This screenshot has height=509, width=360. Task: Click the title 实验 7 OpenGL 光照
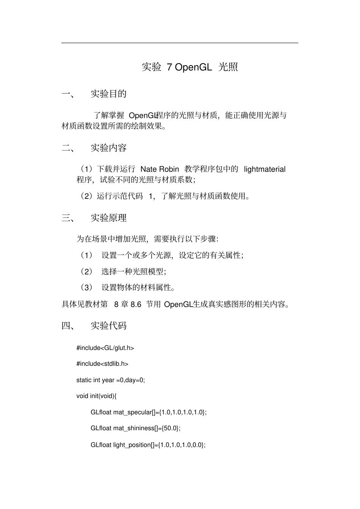tap(189, 67)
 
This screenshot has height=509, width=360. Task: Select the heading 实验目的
tap(108, 94)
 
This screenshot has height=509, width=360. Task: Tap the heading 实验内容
tap(108, 148)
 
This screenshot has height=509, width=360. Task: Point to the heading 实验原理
tap(108, 218)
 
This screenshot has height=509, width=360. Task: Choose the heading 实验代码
tap(108, 326)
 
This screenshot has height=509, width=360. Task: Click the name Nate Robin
tap(160, 169)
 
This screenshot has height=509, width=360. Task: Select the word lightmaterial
tap(265, 169)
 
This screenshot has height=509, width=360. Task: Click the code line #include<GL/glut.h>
tap(105, 348)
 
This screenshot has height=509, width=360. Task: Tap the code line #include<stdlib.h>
tap(102, 364)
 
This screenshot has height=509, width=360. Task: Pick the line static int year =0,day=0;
tap(111, 380)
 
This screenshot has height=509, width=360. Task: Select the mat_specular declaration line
tap(149, 412)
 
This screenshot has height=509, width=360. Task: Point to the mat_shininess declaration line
tap(135, 428)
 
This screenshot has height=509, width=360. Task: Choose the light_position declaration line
tap(148, 445)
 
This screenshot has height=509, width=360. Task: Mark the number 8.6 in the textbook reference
tap(136, 304)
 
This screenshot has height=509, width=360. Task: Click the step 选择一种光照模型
tap(133, 272)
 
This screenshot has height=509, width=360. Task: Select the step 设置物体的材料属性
tap(138, 287)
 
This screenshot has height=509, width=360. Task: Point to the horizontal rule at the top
tap(180, 43)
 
